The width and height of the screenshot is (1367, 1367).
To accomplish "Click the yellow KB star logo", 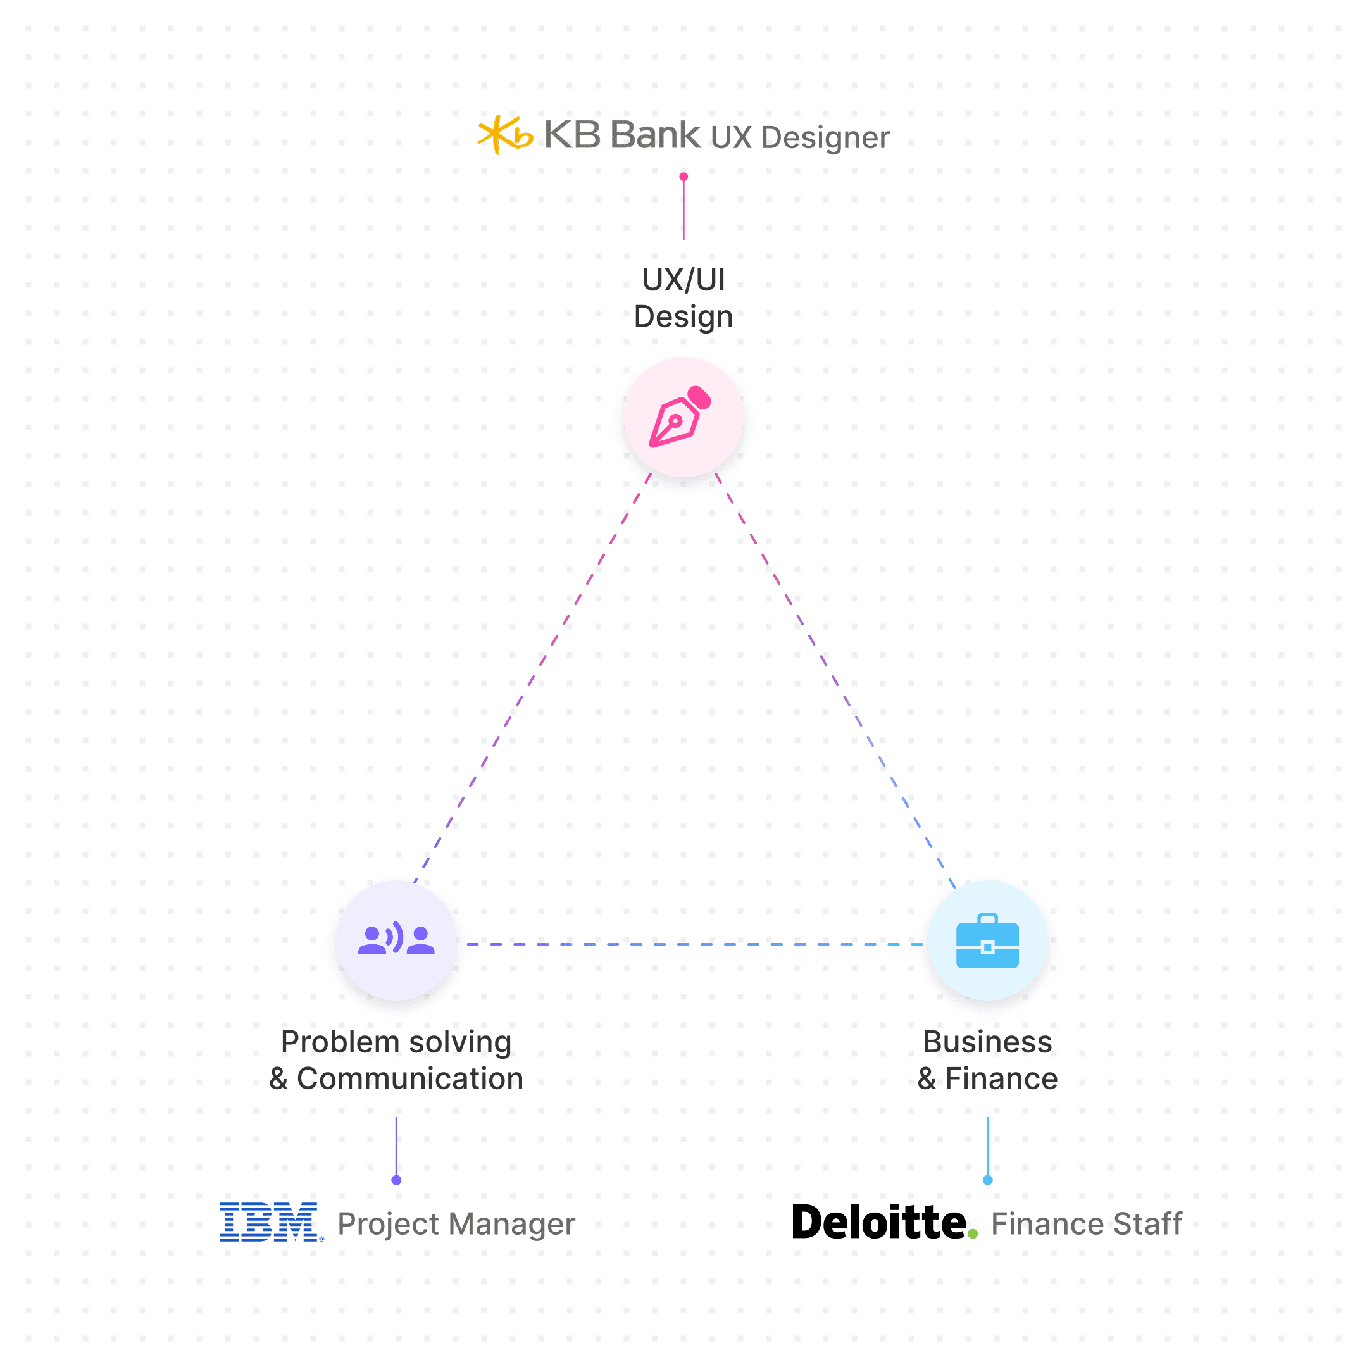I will point(504,134).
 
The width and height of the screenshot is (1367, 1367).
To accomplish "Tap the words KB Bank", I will point(622,134).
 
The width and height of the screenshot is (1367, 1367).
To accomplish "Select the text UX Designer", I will point(800,137).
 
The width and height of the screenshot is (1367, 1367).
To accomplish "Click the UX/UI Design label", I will point(683,298).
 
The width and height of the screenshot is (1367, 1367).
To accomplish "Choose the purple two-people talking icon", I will point(396,940).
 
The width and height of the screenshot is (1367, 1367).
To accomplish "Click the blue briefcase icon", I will point(987,941).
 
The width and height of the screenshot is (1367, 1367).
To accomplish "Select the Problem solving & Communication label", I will point(396,1060).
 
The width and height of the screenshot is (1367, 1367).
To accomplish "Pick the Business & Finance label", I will point(987,1060).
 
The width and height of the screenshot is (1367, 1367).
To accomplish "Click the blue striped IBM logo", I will point(269,1222).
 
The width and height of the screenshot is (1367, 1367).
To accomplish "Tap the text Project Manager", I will point(456,1223).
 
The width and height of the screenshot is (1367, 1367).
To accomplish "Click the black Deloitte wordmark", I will point(879,1222).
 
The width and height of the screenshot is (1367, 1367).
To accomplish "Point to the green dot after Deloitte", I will point(973,1234).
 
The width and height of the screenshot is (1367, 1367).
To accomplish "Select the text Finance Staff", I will point(1086,1223).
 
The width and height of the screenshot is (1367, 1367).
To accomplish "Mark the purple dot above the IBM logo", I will point(396,1180).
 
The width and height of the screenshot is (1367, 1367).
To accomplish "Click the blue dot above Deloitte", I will point(988,1180).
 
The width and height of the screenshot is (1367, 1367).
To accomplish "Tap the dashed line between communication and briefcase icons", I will point(694,944).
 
